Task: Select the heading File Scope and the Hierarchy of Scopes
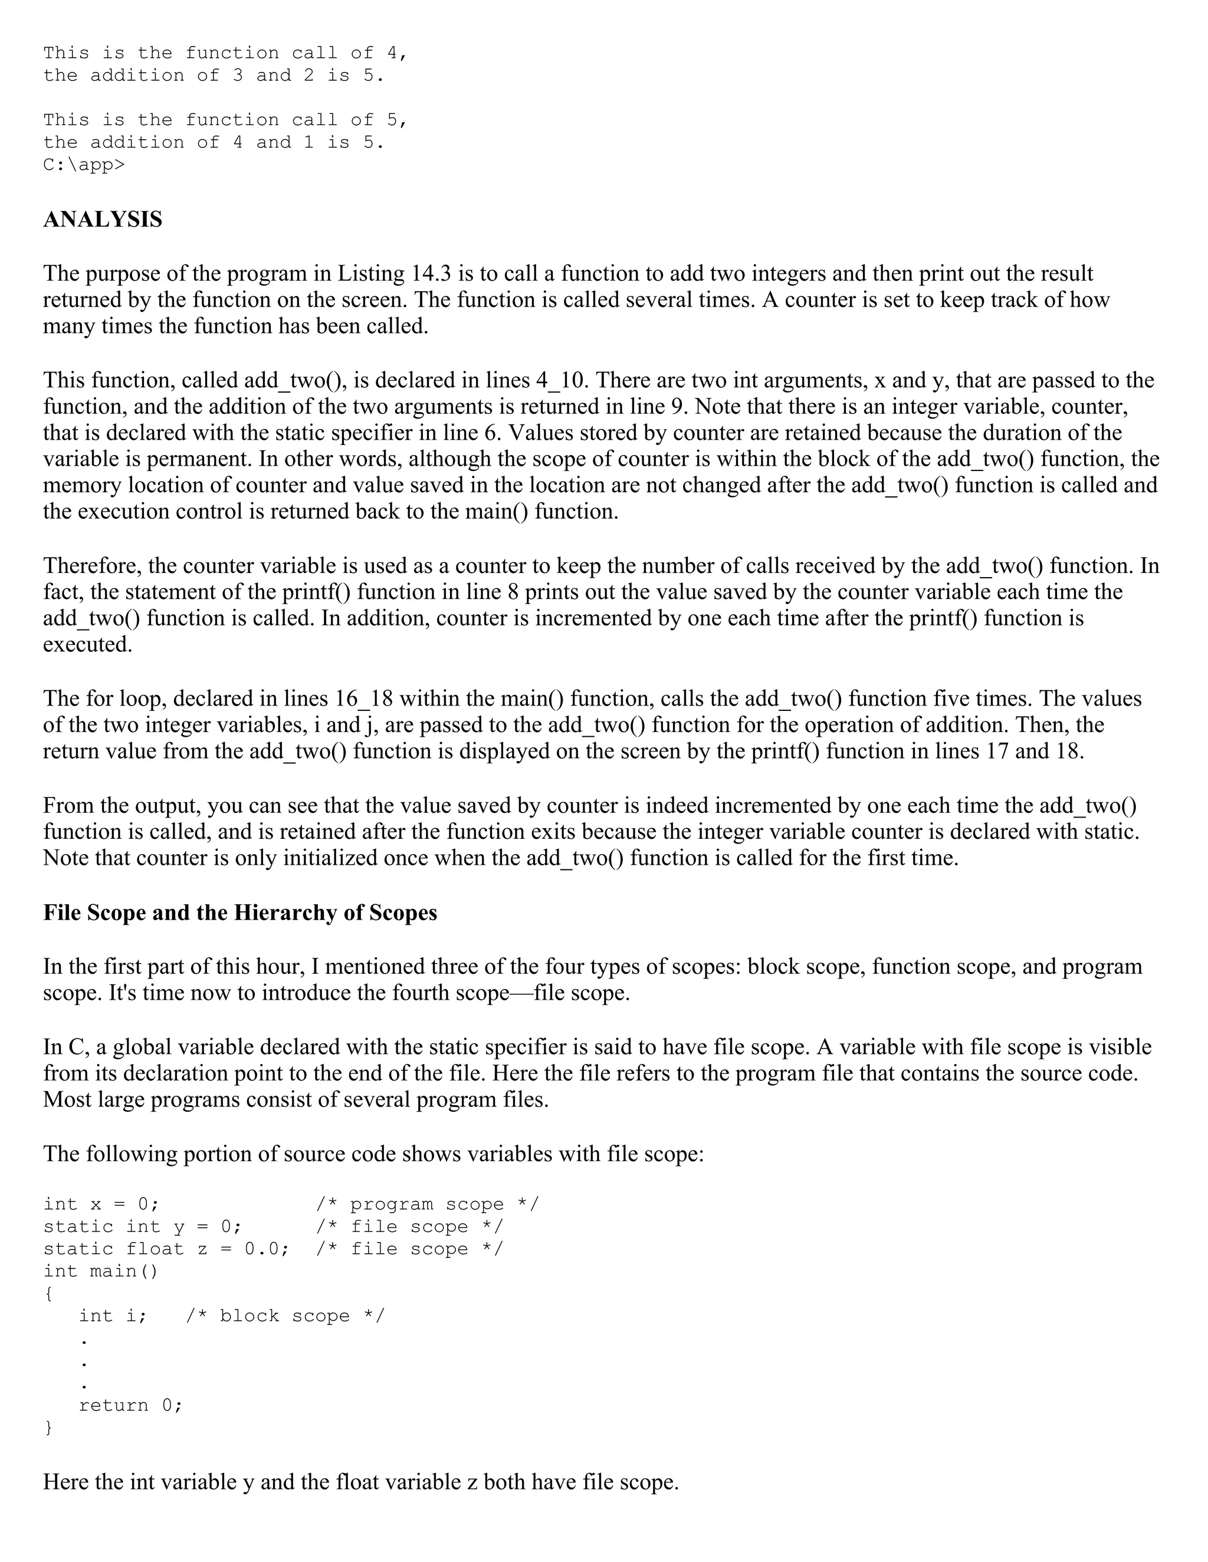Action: pos(239,913)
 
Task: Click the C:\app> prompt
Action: pos(83,165)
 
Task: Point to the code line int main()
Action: pos(100,1271)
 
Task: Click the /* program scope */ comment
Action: pos(427,1204)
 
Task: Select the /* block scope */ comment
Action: pos(285,1316)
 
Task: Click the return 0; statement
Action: pos(130,1405)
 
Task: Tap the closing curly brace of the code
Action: pos(48,1428)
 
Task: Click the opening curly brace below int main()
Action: pos(48,1294)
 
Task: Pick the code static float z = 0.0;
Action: pos(166,1249)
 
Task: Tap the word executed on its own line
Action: pos(87,645)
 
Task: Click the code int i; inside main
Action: pos(112,1316)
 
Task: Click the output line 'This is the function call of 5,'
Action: pos(225,120)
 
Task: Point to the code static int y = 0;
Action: pos(142,1227)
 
